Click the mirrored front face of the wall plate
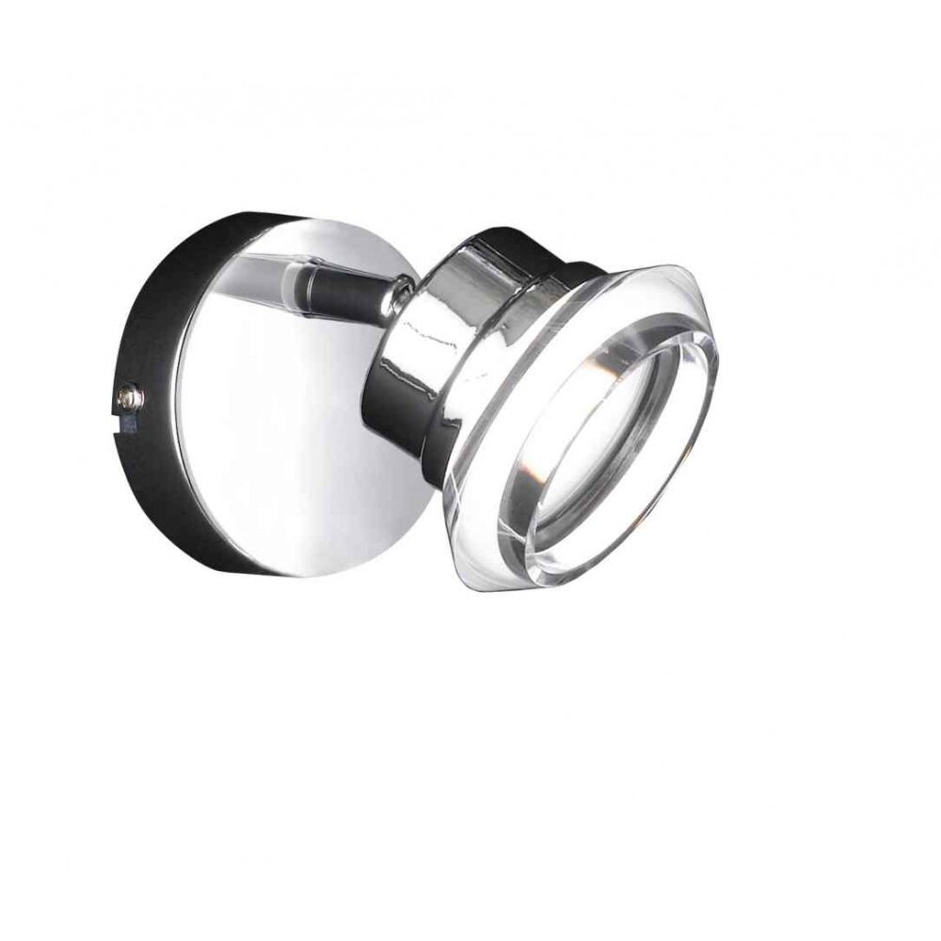[x=282, y=442]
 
